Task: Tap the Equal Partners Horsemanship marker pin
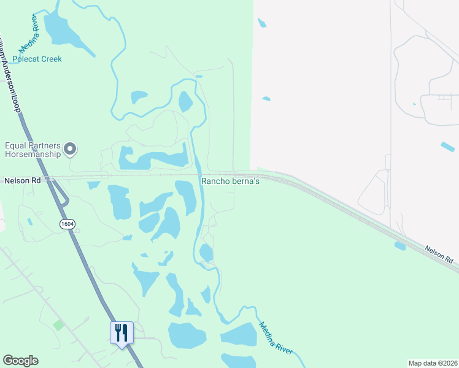pyautogui.click(x=70, y=148)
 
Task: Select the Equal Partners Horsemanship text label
pyautogui.click(x=33, y=150)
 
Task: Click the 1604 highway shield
pyautogui.click(x=67, y=224)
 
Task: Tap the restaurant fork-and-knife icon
pyautogui.click(x=121, y=333)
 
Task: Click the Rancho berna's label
pyautogui.click(x=231, y=182)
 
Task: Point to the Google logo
pyautogui.click(x=20, y=361)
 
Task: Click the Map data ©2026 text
pyautogui.click(x=433, y=363)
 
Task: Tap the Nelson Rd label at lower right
pyautogui.click(x=439, y=252)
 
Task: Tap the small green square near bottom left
pyautogui.click(x=58, y=324)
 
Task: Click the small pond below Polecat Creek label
pyautogui.click(x=139, y=97)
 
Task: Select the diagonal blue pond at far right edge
pyautogui.click(x=448, y=147)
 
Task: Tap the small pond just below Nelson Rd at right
pyautogui.click(x=400, y=246)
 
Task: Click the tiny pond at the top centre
pyautogui.click(x=263, y=23)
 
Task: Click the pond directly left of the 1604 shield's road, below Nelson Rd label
pyautogui.click(x=93, y=185)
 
